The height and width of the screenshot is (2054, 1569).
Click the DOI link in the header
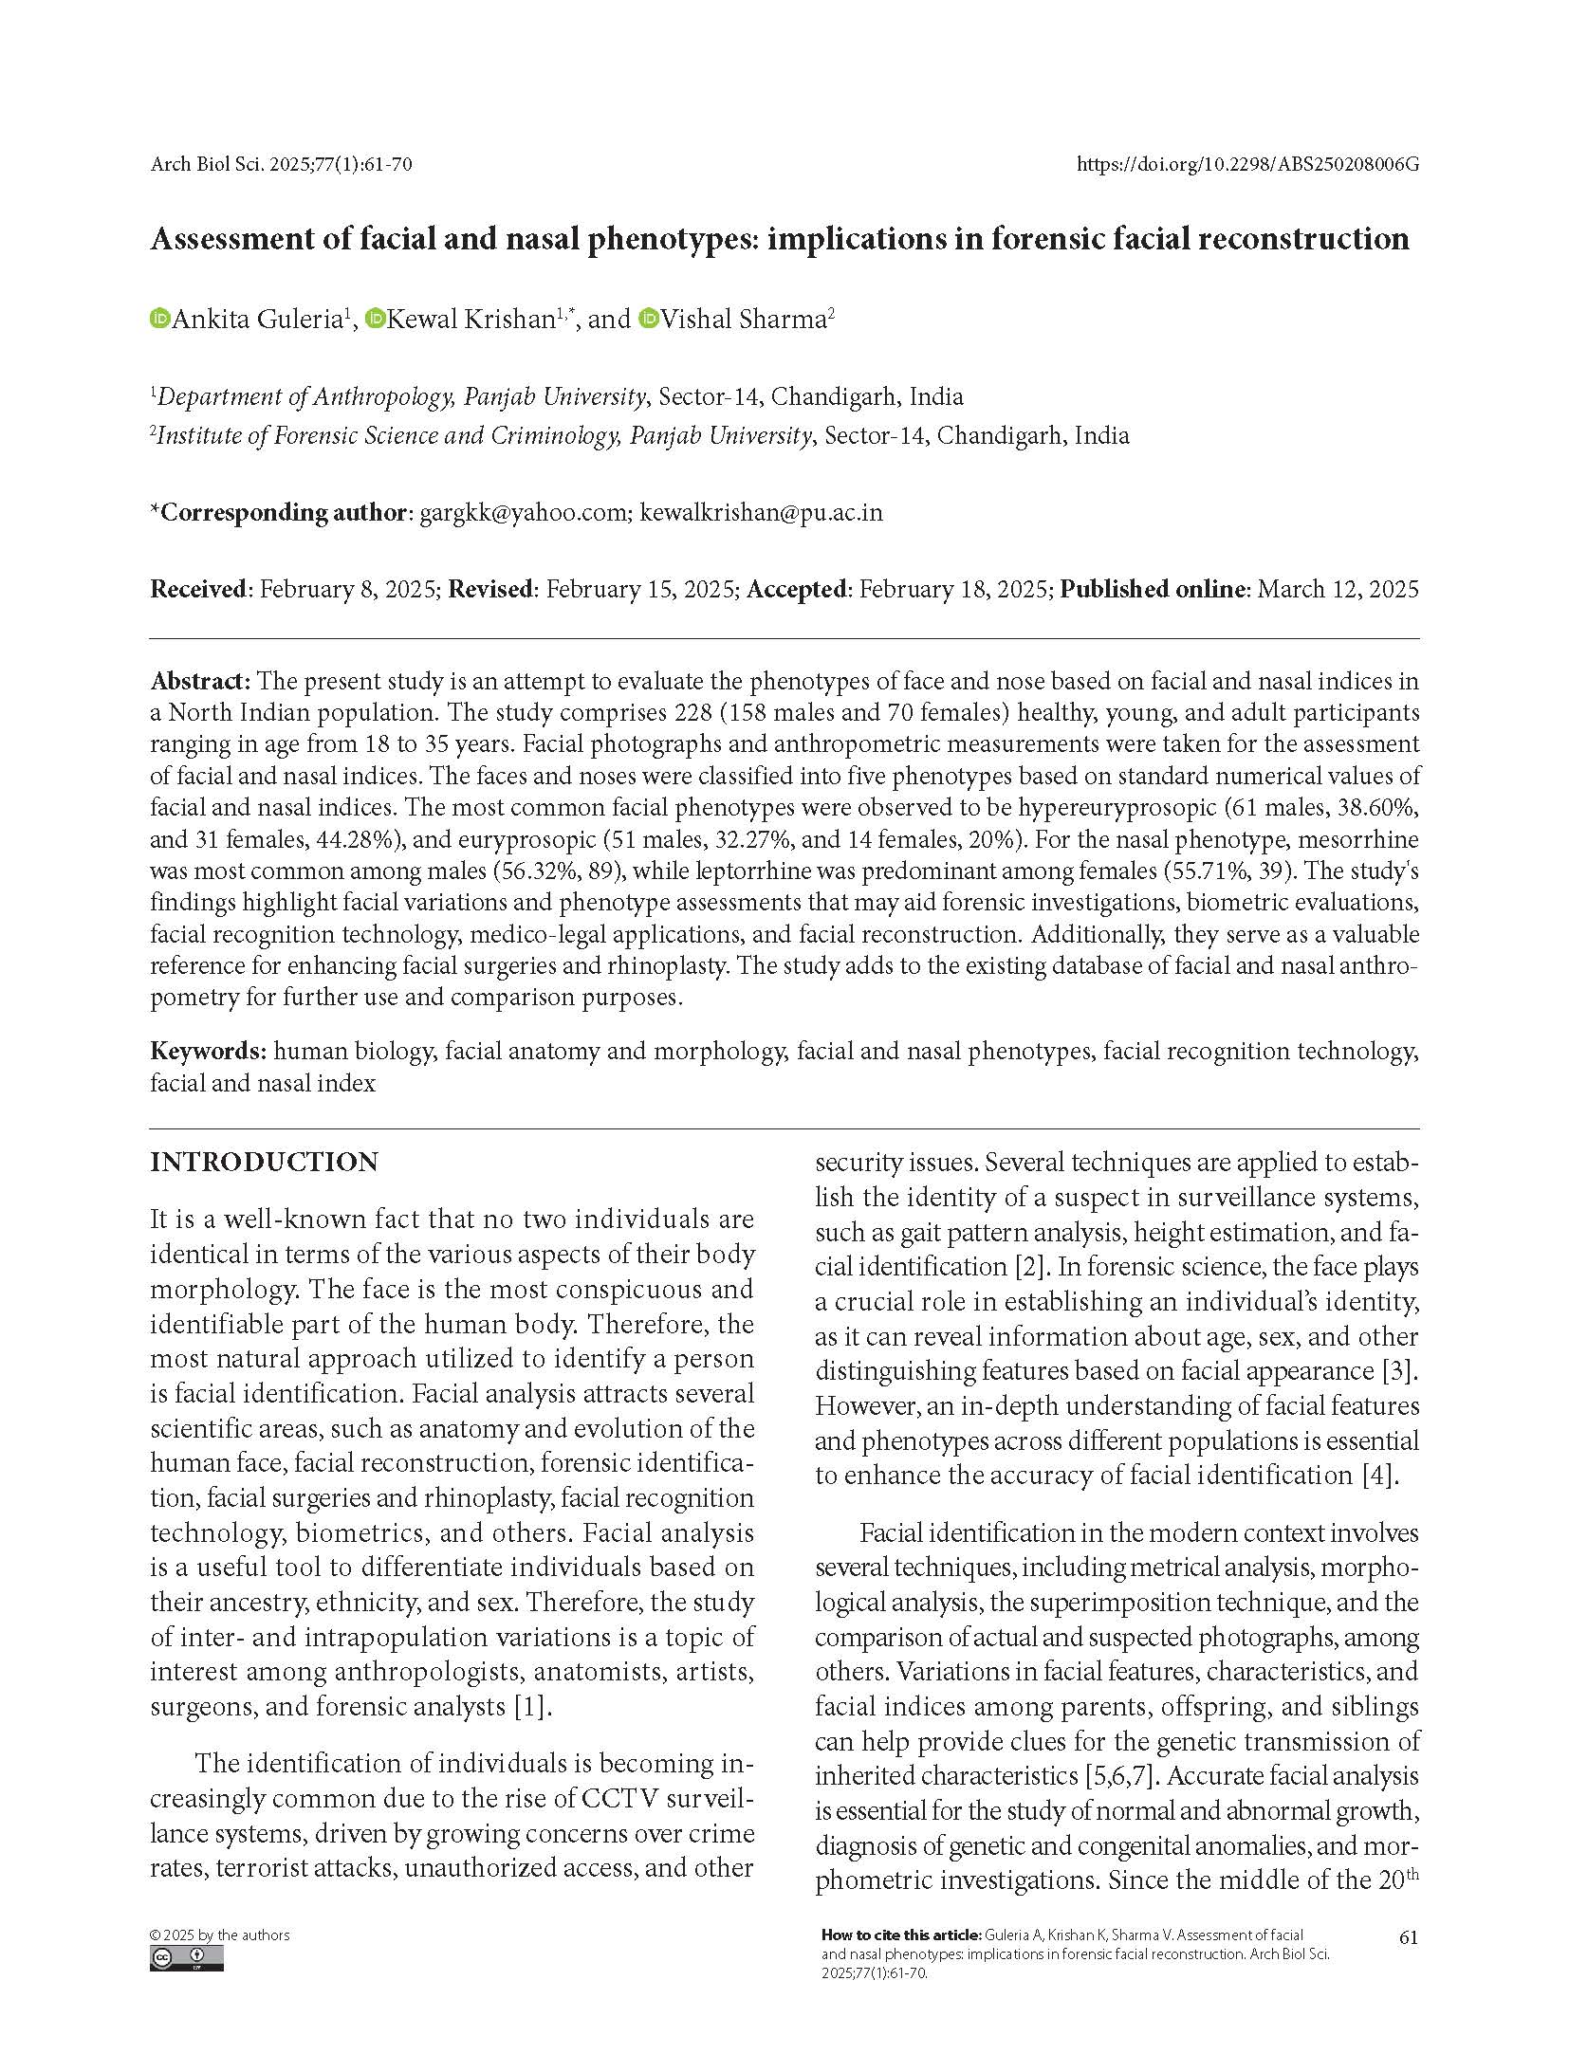[1247, 165]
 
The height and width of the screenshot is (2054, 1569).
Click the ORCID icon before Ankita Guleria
[159, 319]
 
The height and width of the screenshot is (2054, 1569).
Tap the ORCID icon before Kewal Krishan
[375, 319]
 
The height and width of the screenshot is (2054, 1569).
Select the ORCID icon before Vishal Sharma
[649, 319]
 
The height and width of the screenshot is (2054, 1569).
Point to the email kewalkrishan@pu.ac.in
[761, 513]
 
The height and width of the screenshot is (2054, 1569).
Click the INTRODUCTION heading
[264, 1163]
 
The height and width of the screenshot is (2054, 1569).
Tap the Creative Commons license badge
[186, 1959]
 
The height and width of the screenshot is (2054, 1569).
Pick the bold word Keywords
[207, 1051]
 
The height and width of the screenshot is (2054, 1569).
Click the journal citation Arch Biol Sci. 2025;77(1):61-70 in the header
[281, 165]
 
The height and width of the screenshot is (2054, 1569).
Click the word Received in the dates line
[198, 589]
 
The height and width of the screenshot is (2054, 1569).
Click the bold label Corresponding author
[283, 513]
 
